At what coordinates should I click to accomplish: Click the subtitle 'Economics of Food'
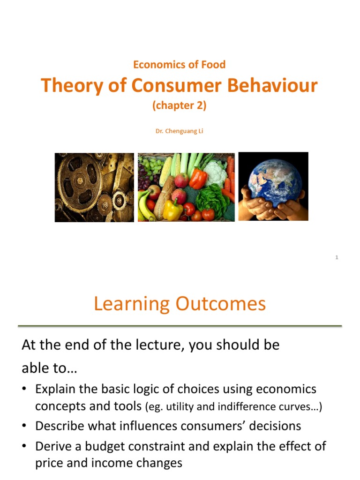pyautogui.click(x=179, y=65)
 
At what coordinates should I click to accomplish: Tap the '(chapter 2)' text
pyautogui.click(x=179, y=106)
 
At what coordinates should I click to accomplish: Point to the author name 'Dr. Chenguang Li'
pyautogui.click(x=179, y=131)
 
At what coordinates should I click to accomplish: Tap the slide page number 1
pyautogui.click(x=337, y=257)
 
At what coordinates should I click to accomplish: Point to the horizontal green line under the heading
pyautogui.click(x=180, y=325)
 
